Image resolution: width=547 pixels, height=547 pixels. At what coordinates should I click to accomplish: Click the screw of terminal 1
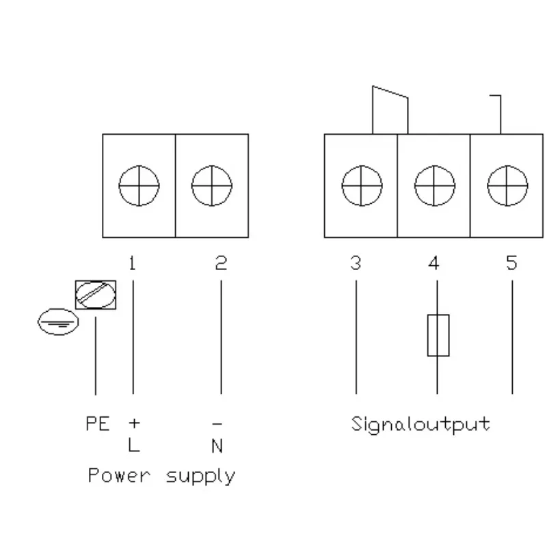[139, 185]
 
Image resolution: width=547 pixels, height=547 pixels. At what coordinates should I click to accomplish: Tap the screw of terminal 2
[212, 185]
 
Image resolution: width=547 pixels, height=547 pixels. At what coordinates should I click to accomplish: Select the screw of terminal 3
[362, 185]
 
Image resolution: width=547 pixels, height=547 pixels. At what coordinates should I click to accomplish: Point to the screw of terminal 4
[435, 185]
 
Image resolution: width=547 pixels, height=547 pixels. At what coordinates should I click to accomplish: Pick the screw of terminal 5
[507, 185]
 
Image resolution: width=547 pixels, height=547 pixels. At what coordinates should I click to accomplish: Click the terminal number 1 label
[132, 263]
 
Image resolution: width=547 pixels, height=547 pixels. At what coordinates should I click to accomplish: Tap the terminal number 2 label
[221, 263]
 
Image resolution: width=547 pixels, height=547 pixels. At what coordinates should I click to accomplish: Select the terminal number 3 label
[356, 263]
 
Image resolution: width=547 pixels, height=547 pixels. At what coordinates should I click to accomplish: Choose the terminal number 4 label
[433, 263]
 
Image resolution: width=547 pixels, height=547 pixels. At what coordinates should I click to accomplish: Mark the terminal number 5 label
[511, 263]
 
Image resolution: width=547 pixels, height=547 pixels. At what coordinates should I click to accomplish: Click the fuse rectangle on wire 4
[438, 335]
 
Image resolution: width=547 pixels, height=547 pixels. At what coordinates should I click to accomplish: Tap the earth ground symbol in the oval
[58, 321]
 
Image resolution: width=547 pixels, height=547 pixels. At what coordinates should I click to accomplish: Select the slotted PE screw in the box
[96, 295]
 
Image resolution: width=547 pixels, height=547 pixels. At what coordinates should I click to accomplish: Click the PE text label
[98, 423]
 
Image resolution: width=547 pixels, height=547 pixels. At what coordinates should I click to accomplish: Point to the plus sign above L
[134, 423]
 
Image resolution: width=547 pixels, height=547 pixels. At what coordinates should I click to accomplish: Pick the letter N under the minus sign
[217, 446]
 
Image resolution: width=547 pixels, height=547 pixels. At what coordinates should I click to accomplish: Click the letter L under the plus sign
[134, 445]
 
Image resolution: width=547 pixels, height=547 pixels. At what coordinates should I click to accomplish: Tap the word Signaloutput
[421, 425]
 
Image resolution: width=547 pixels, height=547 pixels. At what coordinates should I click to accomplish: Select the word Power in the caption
[119, 475]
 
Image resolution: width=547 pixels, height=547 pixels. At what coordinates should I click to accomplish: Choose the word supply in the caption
[200, 477]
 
